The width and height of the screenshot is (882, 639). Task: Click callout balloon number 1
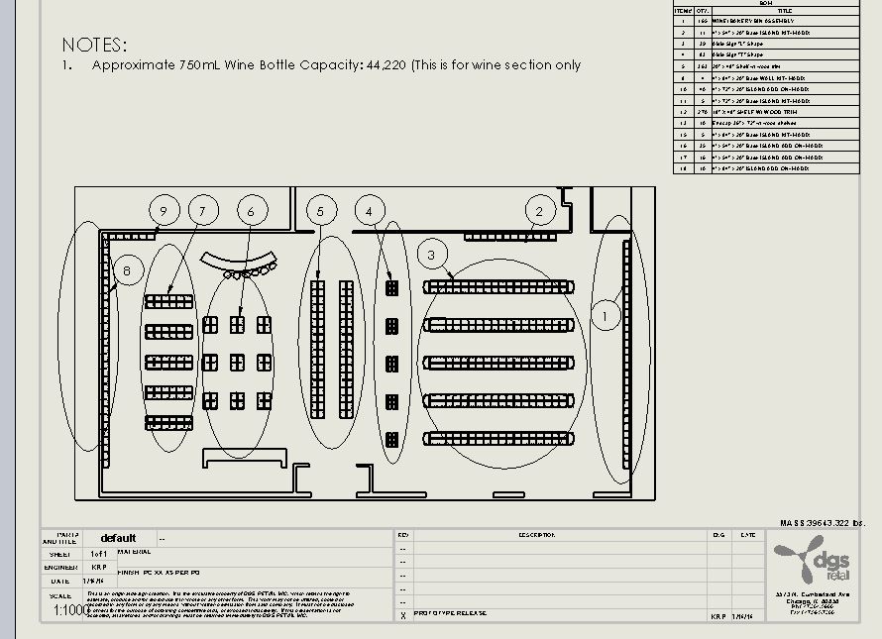606,315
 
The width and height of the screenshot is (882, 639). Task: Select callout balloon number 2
539,210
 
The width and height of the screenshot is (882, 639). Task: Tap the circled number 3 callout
432,255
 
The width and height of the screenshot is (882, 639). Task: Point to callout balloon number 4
370,210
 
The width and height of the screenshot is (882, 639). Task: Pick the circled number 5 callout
320,210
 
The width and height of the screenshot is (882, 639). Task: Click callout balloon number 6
252,210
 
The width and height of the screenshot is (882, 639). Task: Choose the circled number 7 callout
202,210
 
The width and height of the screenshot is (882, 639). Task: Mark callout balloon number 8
127,270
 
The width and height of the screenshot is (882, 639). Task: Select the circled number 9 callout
164,210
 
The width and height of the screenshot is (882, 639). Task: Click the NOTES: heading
94,45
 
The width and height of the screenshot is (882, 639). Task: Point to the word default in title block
118,538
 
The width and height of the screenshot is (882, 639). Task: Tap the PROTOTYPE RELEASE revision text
451,613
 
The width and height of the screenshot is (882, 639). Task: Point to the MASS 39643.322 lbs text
823,522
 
